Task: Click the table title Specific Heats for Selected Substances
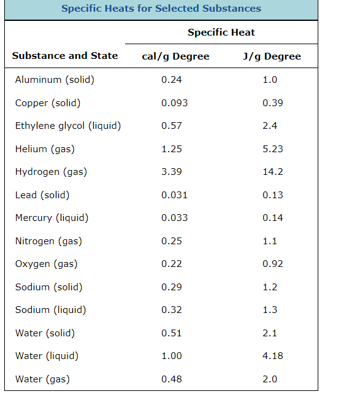161,9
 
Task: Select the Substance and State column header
64,56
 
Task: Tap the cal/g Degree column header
175,56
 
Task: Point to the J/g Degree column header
272,56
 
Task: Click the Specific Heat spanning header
221,33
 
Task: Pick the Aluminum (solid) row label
55,80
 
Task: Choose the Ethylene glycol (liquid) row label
67,126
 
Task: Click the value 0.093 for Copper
174,103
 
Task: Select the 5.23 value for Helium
272,149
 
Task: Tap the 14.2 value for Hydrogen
272,172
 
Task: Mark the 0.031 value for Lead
174,195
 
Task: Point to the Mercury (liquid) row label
52,218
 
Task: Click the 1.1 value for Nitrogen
270,241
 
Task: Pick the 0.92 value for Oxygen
272,264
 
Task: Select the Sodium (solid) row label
48,287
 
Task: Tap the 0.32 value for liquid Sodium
172,310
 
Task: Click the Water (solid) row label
45,333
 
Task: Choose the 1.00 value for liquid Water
172,356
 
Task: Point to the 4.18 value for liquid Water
272,356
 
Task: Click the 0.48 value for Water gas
172,379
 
